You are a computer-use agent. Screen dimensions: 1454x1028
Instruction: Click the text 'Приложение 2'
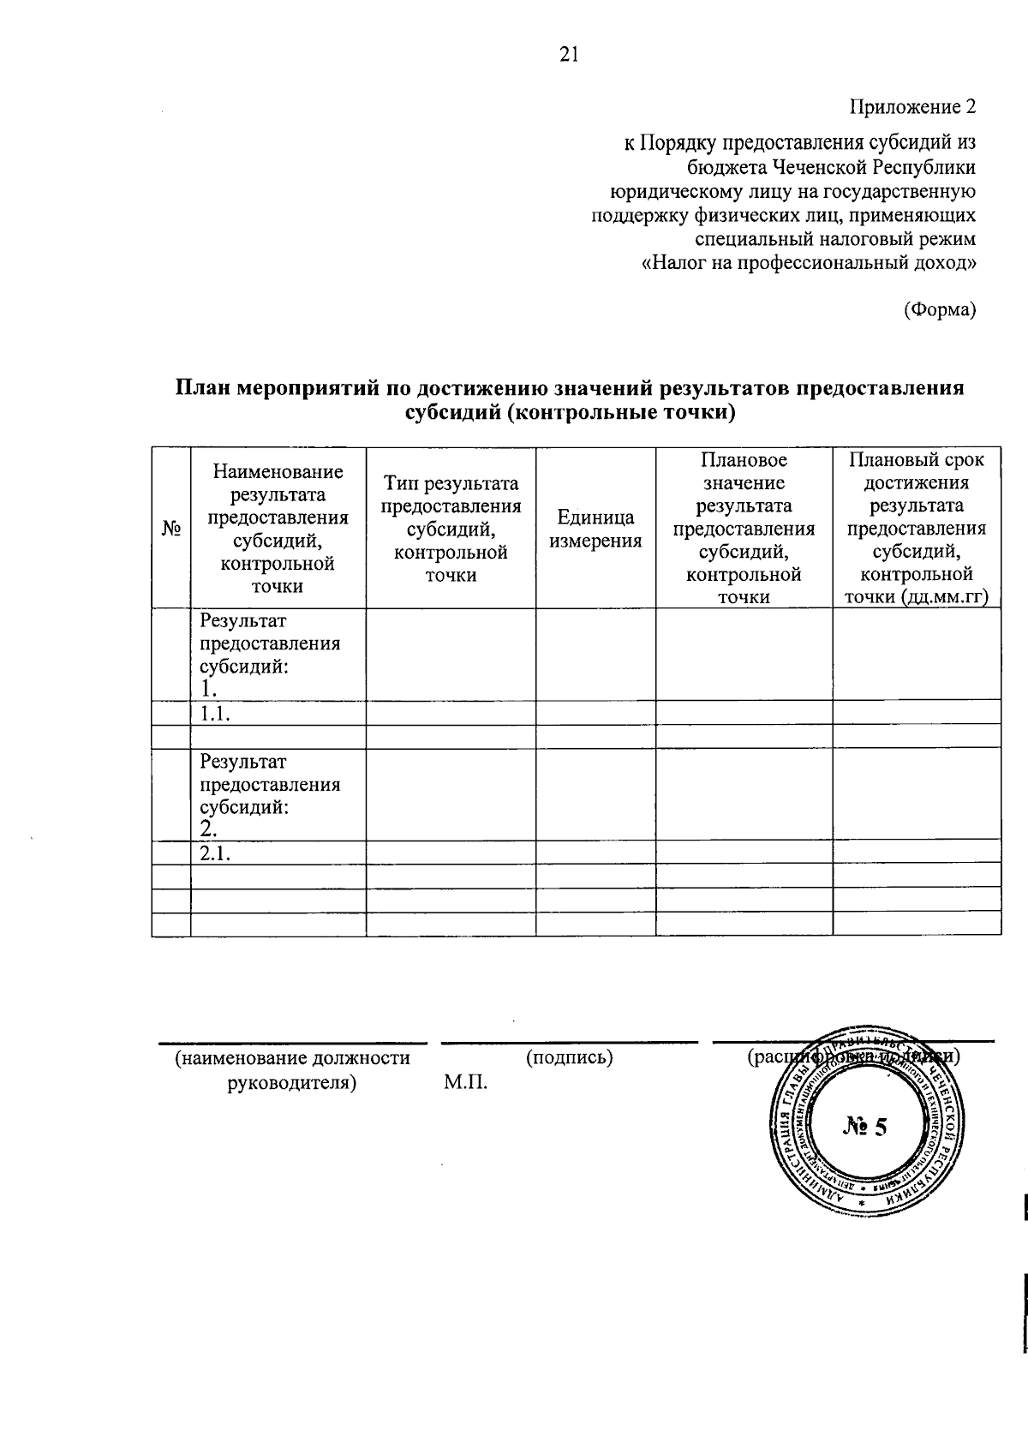pos(912,108)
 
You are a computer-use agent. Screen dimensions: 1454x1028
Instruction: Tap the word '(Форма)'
pos(940,309)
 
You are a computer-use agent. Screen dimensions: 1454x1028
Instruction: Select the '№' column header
pos(171,529)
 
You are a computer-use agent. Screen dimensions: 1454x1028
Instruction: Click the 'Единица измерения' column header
pos(595,529)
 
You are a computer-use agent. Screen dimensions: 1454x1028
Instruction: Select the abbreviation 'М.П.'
pos(465,1083)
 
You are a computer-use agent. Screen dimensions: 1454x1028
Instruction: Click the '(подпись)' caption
pos(570,1057)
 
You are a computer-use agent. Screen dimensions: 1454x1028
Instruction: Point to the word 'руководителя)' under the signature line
pos(291,1082)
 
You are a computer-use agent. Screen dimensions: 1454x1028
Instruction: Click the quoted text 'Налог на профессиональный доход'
pos(809,262)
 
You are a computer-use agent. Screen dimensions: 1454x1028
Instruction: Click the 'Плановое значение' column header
pos(744,471)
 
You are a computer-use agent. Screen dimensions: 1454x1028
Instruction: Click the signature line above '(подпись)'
pos(570,1043)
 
